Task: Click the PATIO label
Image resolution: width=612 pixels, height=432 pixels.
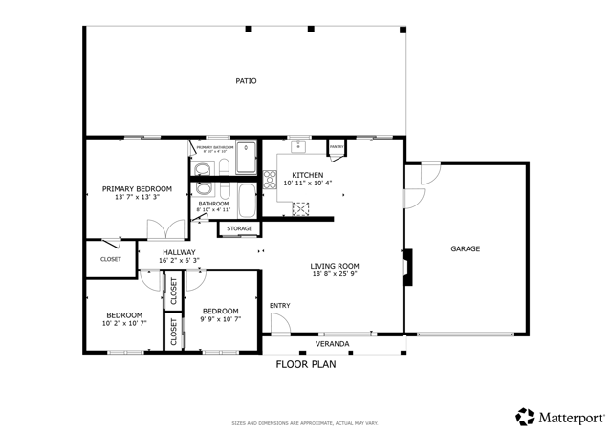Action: (x=246, y=81)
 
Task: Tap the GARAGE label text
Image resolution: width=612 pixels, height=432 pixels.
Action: (x=465, y=249)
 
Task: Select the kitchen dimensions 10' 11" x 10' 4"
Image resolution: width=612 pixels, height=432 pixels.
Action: (x=308, y=183)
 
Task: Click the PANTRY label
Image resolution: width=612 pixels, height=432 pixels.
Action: (x=337, y=146)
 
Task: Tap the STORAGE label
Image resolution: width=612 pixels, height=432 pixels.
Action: (x=239, y=229)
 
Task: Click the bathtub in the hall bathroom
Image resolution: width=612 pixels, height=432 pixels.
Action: (x=246, y=202)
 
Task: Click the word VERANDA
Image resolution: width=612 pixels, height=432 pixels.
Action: (x=333, y=344)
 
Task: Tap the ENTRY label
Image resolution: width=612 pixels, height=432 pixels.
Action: (x=279, y=306)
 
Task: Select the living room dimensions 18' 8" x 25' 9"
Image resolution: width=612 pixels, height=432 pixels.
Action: (x=334, y=274)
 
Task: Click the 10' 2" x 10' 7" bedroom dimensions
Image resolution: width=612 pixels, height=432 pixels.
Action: (x=124, y=323)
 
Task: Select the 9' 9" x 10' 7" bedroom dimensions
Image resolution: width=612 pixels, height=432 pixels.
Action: (x=220, y=319)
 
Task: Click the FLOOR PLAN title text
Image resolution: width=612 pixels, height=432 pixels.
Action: (x=306, y=364)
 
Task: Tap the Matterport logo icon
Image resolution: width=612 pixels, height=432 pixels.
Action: (x=525, y=417)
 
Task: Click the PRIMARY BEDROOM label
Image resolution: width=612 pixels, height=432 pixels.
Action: (x=137, y=189)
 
